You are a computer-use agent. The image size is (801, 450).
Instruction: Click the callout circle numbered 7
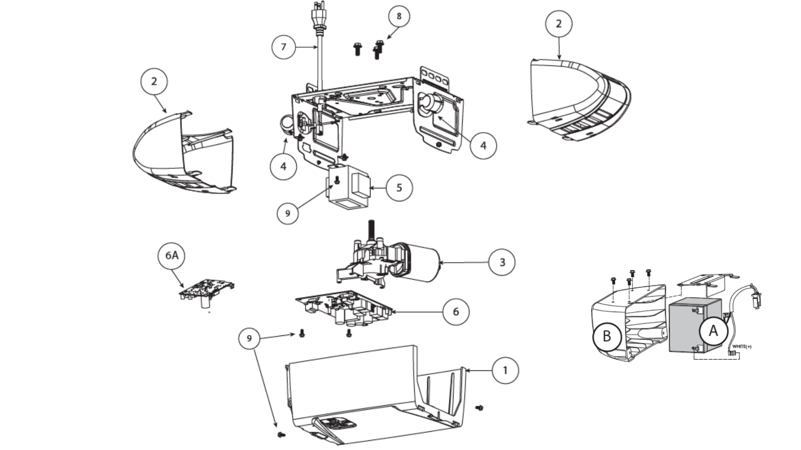(x=284, y=47)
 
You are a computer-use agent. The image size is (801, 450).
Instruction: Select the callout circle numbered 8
(x=399, y=16)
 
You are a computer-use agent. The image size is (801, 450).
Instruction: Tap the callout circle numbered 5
(x=399, y=188)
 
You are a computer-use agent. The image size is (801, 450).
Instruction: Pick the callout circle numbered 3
(x=502, y=262)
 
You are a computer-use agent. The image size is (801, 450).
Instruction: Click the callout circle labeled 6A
(x=171, y=255)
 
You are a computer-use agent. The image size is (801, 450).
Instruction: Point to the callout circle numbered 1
(x=505, y=370)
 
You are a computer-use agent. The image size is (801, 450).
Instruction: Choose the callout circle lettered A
(x=713, y=331)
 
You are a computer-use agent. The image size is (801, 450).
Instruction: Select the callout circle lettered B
(x=607, y=336)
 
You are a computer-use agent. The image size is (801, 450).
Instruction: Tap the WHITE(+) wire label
(x=742, y=347)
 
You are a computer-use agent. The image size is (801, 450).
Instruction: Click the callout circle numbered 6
(x=456, y=312)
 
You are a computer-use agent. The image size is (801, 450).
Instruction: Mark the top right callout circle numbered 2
(x=559, y=24)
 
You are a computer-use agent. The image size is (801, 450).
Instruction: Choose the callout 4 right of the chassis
(x=483, y=145)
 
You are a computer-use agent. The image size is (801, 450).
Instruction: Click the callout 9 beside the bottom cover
(x=249, y=338)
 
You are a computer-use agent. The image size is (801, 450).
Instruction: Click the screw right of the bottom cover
(x=480, y=407)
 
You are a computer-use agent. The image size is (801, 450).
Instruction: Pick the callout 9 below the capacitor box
(x=287, y=213)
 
